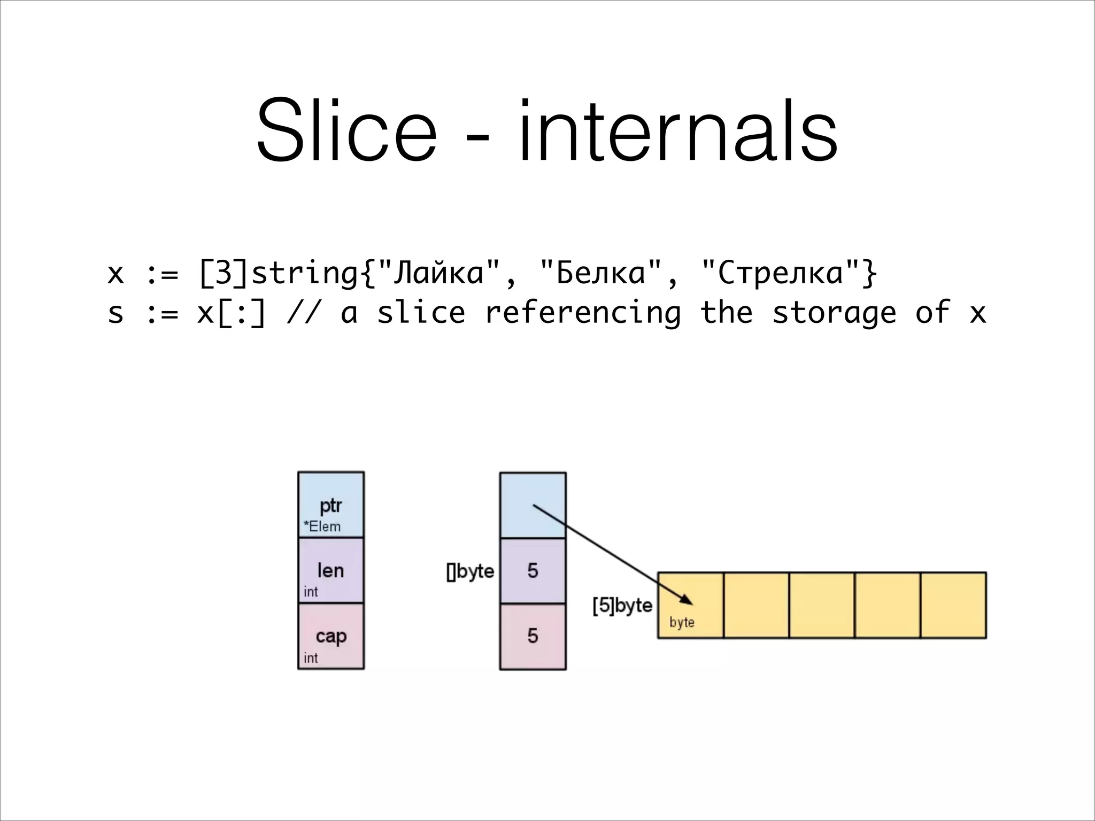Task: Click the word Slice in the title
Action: [x=346, y=131]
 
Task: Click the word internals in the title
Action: [x=677, y=131]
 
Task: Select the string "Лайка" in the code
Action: [x=438, y=274]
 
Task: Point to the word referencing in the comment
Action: [x=582, y=313]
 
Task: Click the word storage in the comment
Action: [x=834, y=313]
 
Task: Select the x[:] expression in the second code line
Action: [x=231, y=313]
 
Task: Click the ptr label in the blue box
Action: [x=330, y=506]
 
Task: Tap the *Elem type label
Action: [x=322, y=526]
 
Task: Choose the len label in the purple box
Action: [x=330, y=571]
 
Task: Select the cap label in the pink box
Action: [x=331, y=636]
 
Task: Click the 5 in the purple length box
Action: [x=533, y=571]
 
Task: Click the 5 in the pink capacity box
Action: [x=533, y=636]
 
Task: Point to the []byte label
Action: [x=471, y=571]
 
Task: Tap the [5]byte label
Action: [x=622, y=606]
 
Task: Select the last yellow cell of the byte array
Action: [x=953, y=605]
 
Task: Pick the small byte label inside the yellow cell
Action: [x=682, y=622]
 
